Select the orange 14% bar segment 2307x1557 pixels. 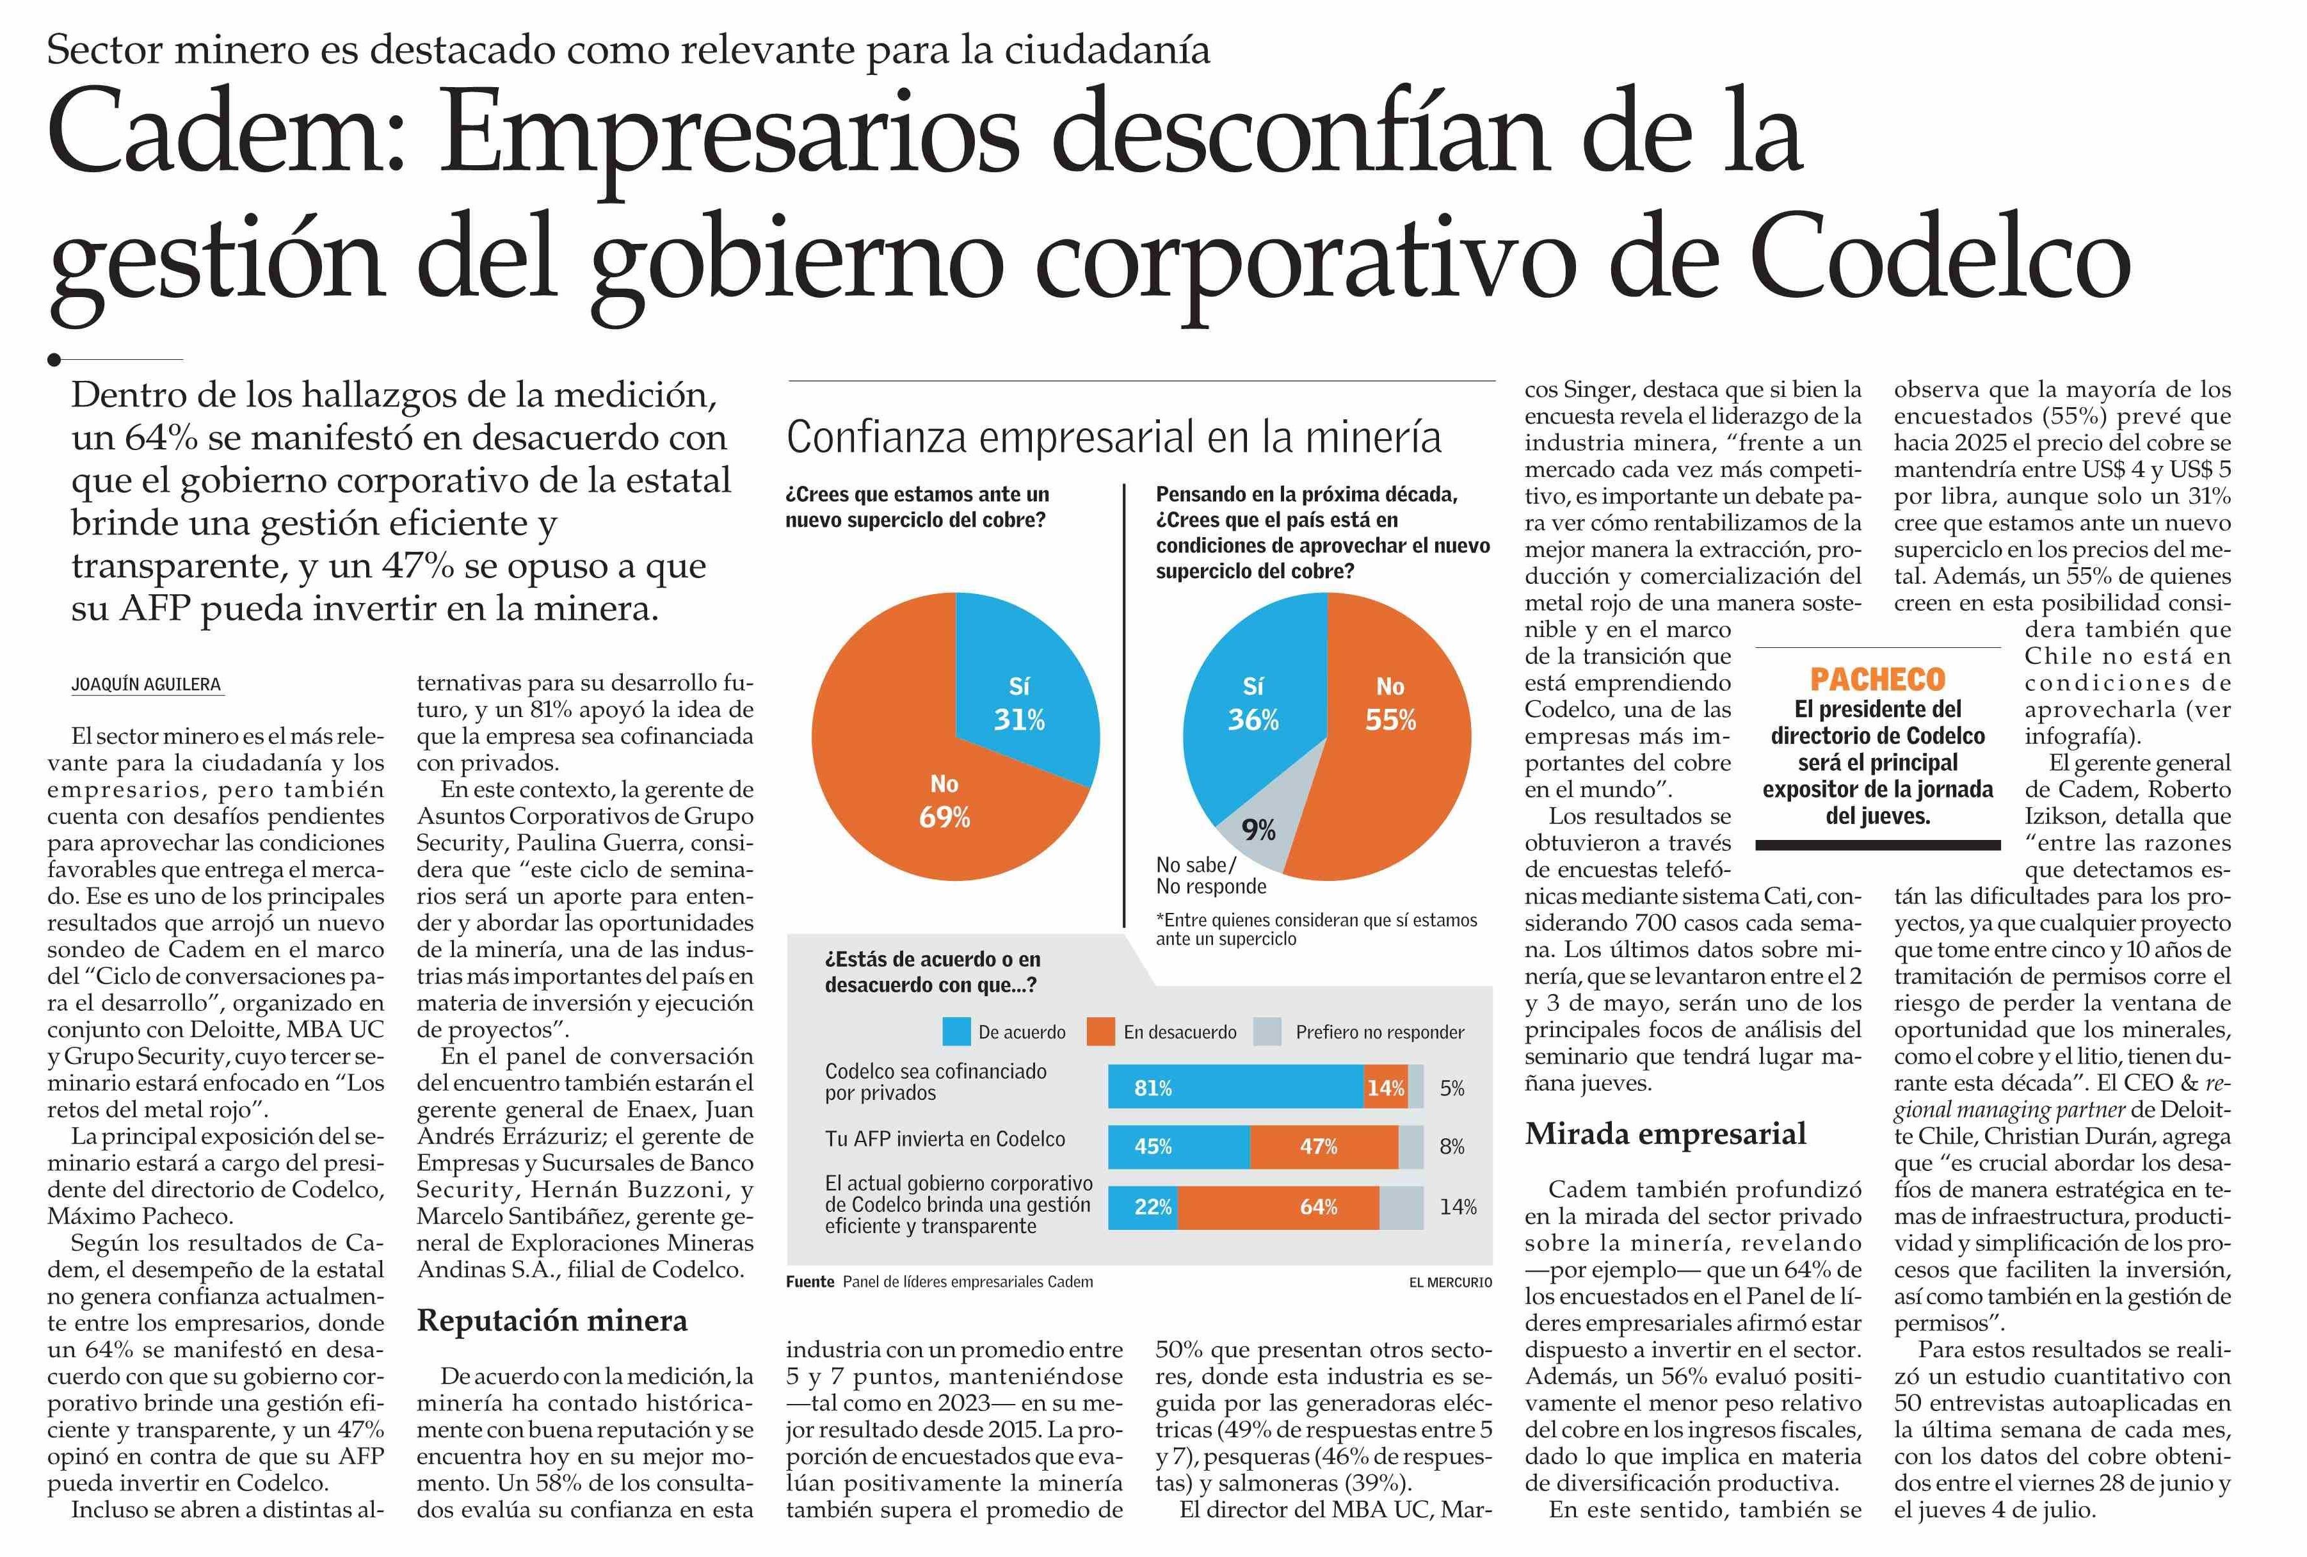click(1385, 1087)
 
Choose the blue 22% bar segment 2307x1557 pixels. click(1143, 1206)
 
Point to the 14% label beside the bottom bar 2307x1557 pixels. click(1458, 1206)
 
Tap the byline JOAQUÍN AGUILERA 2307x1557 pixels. click(146, 684)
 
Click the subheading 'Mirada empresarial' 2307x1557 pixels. click(1666, 1133)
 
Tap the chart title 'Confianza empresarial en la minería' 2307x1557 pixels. click(1113, 437)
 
